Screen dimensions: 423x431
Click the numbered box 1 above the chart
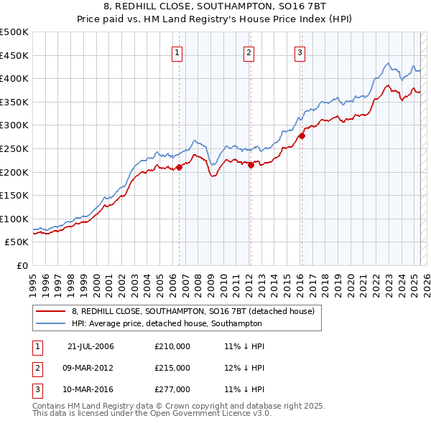pyautogui.click(x=177, y=51)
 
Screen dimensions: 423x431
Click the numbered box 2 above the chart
pyautogui.click(x=249, y=51)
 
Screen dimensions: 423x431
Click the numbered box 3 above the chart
pyautogui.click(x=300, y=51)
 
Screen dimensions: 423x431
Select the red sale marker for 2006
pyautogui.click(x=179, y=167)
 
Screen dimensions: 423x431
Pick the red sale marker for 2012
pyautogui.click(x=251, y=165)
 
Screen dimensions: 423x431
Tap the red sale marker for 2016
pyautogui.click(x=302, y=136)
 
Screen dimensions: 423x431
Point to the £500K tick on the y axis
pyautogui.click(x=14, y=32)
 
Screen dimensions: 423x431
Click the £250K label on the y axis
pyautogui.click(x=14, y=148)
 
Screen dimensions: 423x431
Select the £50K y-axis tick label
pyautogui.click(x=17, y=242)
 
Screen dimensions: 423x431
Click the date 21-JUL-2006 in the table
pyautogui.click(x=91, y=346)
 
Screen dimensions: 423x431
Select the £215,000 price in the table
pyautogui.click(x=172, y=368)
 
